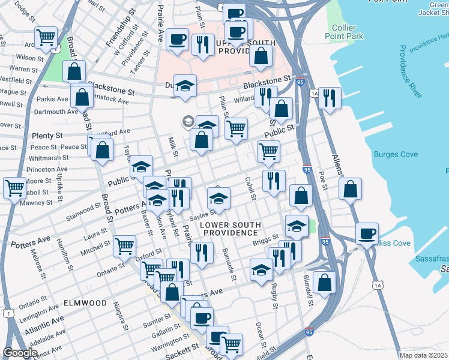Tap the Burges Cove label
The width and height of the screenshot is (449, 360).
396,155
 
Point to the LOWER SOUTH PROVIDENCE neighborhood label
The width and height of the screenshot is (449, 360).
229,228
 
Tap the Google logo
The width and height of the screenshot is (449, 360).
20,353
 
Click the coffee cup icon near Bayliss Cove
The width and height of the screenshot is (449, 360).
367,233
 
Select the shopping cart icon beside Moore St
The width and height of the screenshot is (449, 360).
14,187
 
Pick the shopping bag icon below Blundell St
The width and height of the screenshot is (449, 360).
324,283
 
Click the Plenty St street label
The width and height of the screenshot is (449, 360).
47,136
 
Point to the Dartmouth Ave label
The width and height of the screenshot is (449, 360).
57,112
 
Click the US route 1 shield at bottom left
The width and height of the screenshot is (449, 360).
8,313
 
